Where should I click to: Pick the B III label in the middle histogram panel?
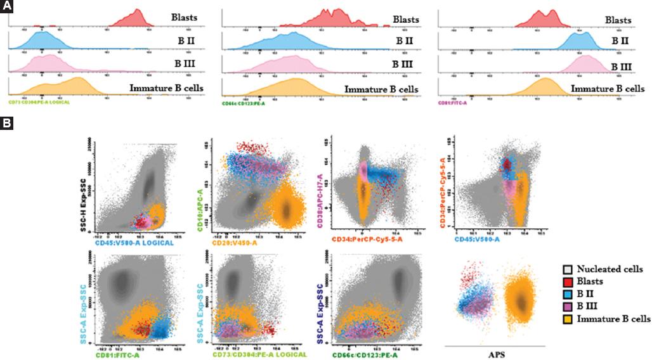click(402, 64)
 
